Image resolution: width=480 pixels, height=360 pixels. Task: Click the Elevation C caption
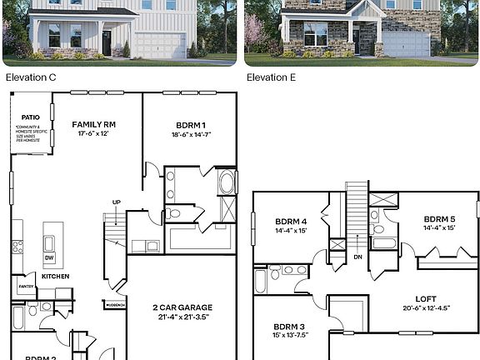28,77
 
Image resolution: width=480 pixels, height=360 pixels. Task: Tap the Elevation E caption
273,77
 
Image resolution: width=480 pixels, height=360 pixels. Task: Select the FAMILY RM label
93,124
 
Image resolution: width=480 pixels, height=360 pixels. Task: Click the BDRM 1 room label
189,124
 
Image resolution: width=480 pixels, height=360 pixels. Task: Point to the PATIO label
31,117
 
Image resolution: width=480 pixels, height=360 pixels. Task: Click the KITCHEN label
55,276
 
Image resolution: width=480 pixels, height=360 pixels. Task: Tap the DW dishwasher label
49,257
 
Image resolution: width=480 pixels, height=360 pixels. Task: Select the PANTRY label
23,288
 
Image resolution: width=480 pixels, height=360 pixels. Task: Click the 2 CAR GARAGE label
180,307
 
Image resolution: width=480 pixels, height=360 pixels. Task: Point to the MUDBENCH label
115,305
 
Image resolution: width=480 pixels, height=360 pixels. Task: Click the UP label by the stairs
117,202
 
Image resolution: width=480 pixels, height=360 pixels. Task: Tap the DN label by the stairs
357,257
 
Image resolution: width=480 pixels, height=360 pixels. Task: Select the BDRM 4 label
292,221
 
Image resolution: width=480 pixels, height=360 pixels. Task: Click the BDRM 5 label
439,218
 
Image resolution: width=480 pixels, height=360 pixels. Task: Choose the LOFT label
426,298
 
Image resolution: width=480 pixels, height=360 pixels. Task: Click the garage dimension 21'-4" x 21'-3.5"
180,317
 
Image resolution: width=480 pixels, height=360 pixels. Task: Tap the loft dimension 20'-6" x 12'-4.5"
426,308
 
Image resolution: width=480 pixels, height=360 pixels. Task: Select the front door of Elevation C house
107,42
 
